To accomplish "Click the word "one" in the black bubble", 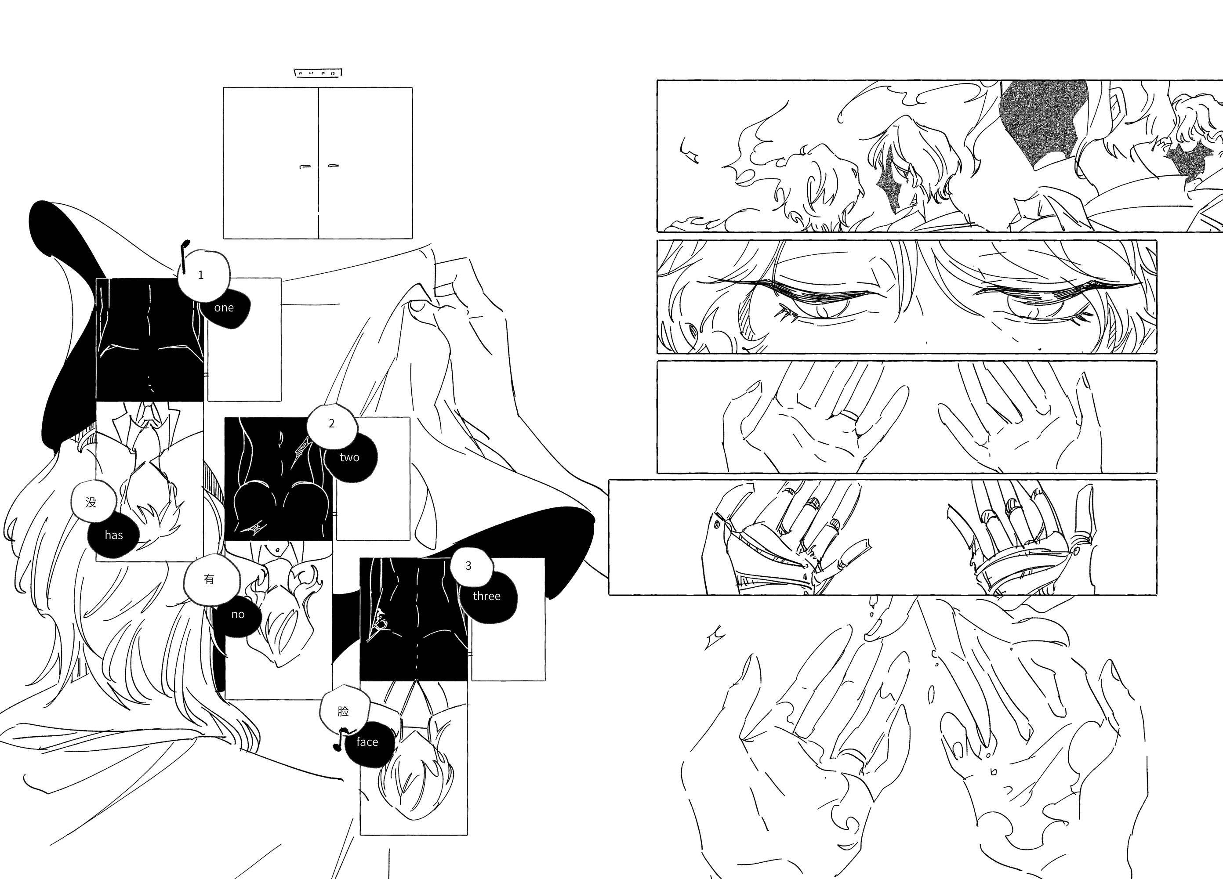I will (x=224, y=308).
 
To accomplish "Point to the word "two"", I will (x=349, y=458).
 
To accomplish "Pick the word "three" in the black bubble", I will (x=486, y=596).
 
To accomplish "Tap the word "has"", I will (x=114, y=535).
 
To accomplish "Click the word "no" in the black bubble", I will (x=238, y=615).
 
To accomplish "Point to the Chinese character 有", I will (x=209, y=579).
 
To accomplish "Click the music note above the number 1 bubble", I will (x=185, y=256).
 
